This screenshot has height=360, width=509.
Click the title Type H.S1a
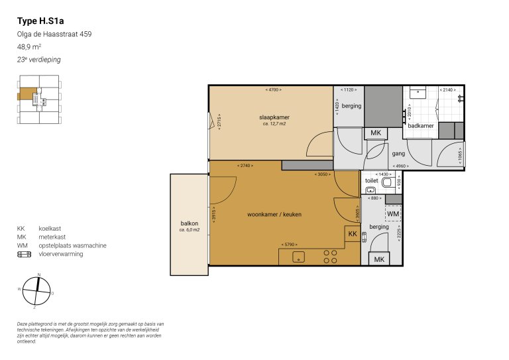pos(41,21)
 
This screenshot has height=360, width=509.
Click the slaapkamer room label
pos(274,117)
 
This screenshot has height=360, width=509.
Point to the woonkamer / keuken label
pos(273,215)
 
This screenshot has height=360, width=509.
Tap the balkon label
pos(190,223)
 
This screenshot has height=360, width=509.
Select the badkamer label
pos(421,125)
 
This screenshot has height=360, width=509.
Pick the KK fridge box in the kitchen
pos(353,234)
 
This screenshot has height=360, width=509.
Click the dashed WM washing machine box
pos(393,214)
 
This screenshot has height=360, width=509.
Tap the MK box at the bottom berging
pos(379,259)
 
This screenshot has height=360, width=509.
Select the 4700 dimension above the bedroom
pos(271,89)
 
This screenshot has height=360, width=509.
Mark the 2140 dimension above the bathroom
pos(448,89)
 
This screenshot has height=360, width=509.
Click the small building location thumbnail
pos(40,100)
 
